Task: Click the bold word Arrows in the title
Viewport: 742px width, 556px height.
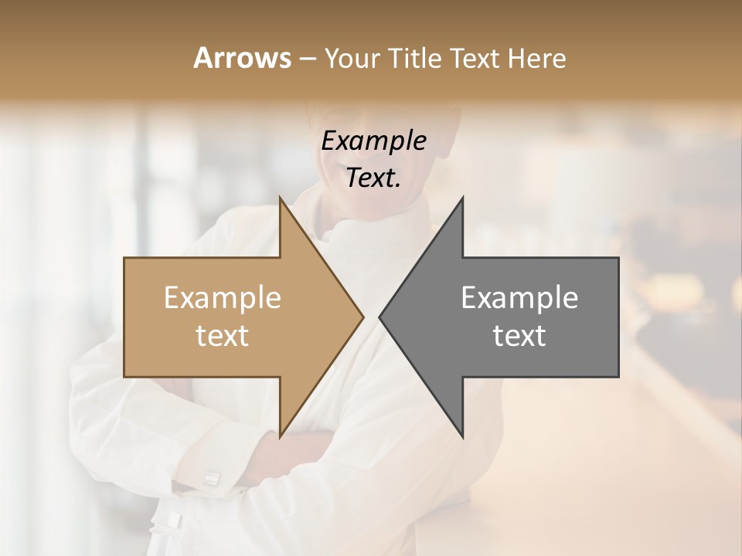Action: pyautogui.click(x=243, y=58)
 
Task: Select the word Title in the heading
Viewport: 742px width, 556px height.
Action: pyautogui.click(x=414, y=59)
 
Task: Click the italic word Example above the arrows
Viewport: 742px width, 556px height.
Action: pyautogui.click(x=374, y=141)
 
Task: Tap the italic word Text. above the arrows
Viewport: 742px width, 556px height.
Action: pyautogui.click(x=374, y=178)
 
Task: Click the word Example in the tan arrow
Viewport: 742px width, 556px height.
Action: pyautogui.click(x=223, y=298)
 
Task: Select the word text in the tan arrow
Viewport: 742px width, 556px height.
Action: pyautogui.click(x=223, y=336)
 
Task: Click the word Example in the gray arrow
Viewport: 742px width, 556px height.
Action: pyautogui.click(x=519, y=298)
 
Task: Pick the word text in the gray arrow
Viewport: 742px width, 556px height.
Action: pyautogui.click(x=519, y=336)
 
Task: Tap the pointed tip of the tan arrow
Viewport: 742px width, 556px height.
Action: pyautogui.click(x=362, y=317)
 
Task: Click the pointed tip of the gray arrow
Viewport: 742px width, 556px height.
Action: pyautogui.click(x=380, y=317)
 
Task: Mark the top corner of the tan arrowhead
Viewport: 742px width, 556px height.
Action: pyautogui.click(x=281, y=198)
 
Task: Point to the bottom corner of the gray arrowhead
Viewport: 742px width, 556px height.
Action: pyautogui.click(x=462, y=436)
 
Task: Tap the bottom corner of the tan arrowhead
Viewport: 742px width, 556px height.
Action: pyautogui.click(x=281, y=436)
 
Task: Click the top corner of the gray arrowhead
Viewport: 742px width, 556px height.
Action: pyautogui.click(x=462, y=198)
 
